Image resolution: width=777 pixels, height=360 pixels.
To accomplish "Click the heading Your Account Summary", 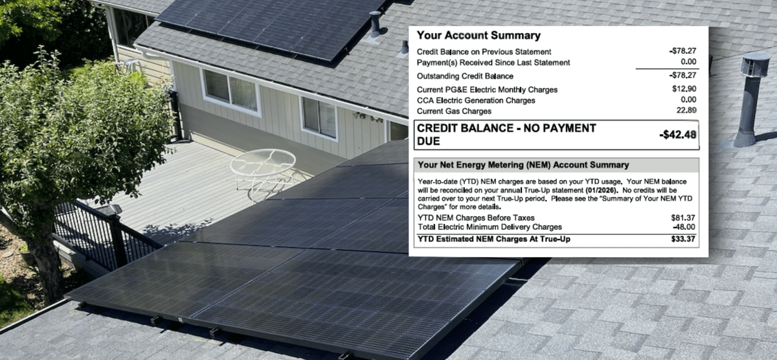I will tap(479, 36).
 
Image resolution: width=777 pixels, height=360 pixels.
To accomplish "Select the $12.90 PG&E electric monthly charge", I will tap(684, 89).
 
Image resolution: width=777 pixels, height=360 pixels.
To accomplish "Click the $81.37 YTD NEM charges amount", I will tap(684, 218).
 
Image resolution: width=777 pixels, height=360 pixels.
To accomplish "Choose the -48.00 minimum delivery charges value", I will tap(684, 227).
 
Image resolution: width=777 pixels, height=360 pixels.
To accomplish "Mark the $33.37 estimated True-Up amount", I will tap(684, 240).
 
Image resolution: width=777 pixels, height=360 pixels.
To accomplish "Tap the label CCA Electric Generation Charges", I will tap(476, 100).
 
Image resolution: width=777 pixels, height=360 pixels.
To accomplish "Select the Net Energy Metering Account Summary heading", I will tap(523, 165).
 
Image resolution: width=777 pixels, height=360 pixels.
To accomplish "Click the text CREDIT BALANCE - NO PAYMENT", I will tap(506, 128).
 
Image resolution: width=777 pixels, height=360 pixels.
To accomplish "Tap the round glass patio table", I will tap(263, 163).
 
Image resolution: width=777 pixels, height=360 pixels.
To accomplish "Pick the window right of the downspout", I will tap(319, 117).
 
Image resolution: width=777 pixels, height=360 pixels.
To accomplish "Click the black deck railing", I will tap(104, 232).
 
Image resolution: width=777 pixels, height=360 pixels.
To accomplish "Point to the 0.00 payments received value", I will tap(688, 62).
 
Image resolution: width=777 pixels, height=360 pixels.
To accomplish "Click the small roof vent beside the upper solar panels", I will tap(376, 25).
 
